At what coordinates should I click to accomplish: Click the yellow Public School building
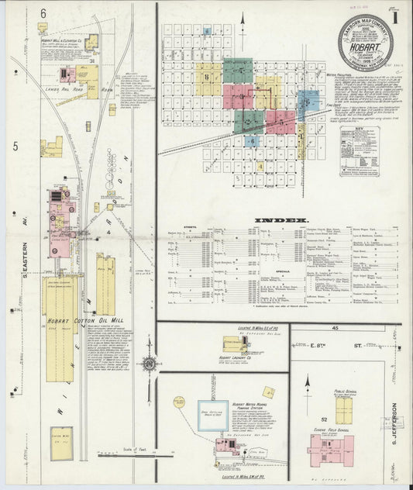344,409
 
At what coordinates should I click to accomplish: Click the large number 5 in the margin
15,146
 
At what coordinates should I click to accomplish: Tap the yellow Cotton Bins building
61,440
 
